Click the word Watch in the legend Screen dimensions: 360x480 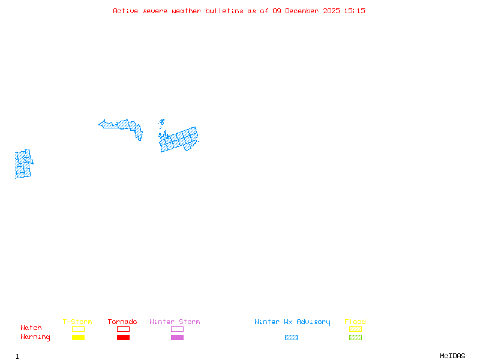tap(31, 328)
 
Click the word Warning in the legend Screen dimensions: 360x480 tap(35, 337)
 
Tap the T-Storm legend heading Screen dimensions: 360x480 tap(77, 322)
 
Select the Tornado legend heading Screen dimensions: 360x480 tap(122, 322)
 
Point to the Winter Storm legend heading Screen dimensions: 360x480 tap(175, 322)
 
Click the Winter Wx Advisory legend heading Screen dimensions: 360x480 tap(292, 322)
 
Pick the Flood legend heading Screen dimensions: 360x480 tap(355, 322)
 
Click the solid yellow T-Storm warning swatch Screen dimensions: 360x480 tap(78, 338)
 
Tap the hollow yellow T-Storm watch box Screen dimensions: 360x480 tap(78, 329)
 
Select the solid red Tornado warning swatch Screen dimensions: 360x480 tap(123, 338)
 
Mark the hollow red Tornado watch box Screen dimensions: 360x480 tap(123, 329)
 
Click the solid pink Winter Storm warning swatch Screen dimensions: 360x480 tap(177, 338)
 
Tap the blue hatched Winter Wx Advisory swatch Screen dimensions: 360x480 tap(291, 338)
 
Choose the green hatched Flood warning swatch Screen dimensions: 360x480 tap(355, 338)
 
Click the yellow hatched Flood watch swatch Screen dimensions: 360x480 tap(355, 329)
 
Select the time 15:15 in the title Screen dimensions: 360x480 tap(354, 11)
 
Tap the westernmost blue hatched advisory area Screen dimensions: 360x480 tap(23, 164)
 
